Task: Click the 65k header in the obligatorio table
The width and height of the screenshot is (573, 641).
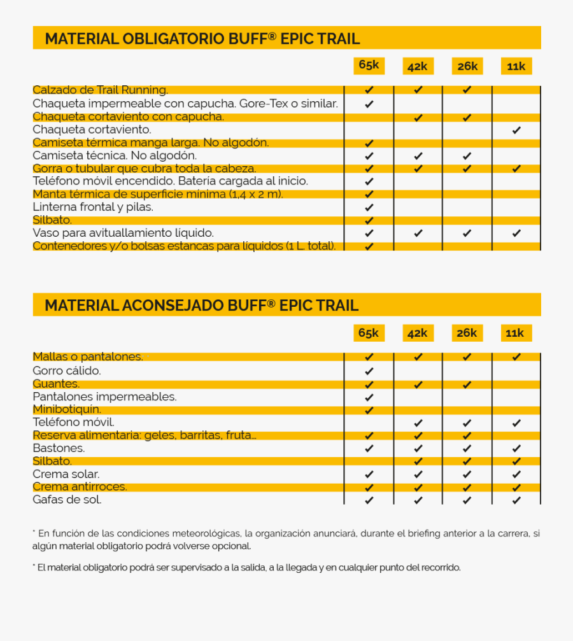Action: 369,65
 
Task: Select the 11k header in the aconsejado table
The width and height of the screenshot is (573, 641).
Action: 515,333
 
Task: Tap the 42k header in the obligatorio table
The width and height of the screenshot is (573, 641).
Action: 418,66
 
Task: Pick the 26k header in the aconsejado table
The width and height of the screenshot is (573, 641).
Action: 467,333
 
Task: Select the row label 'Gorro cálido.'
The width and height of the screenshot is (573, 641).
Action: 67,370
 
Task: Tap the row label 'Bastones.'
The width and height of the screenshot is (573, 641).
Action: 59,448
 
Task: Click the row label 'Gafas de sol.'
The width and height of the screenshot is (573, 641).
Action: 67,500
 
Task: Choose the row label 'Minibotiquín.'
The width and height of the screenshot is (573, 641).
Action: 67,409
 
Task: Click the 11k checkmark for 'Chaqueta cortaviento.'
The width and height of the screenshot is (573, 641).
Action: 516,130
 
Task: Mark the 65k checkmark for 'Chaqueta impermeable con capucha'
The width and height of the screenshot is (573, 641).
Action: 369,104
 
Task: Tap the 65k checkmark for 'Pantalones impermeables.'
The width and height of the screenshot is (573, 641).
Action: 369,397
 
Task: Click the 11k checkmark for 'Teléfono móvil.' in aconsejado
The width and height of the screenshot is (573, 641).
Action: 516,423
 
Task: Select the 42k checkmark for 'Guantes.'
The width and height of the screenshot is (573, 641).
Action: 418,384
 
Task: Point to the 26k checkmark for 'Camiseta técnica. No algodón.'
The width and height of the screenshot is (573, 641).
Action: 467,155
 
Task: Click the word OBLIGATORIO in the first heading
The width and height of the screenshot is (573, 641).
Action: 165,39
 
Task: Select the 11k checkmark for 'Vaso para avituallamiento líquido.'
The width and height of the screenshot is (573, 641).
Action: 516,233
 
